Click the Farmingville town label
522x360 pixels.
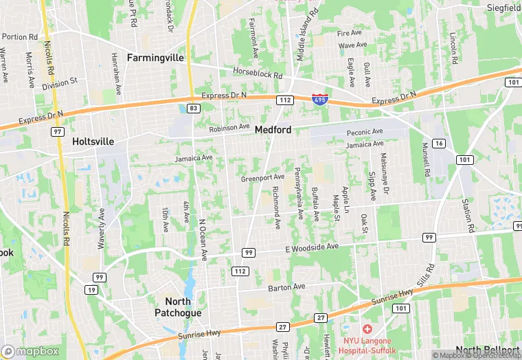coord(155,58)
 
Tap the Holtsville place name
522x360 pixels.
coord(93,142)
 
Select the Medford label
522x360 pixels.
coord(273,129)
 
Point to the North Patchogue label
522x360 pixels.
coord(183,307)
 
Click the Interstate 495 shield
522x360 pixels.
coord(319,100)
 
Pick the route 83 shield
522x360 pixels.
coord(194,109)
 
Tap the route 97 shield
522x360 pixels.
coord(58,131)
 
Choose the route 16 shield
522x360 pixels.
coord(439,143)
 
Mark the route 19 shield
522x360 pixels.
coord(91,290)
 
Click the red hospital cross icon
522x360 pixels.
coord(367,330)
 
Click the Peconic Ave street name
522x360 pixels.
coord(364,131)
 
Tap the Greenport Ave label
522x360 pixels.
coord(262,179)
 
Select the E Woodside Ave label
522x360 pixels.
coord(313,247)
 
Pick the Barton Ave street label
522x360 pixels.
coord(286,287)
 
